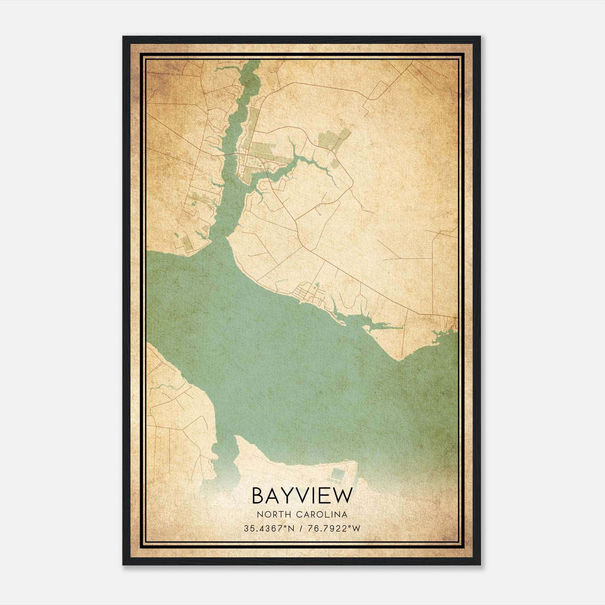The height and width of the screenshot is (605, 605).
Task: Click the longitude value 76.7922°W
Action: (x=335, y=529)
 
